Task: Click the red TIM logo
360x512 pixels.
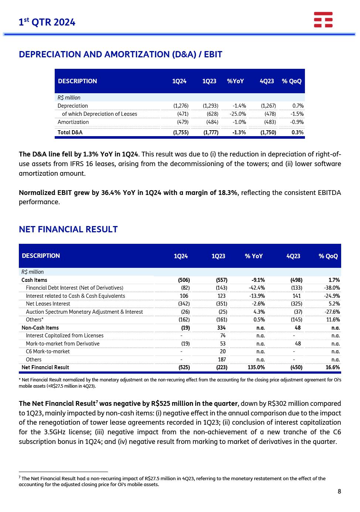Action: tap(323, 20)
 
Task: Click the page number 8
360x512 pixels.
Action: tap(339, 491)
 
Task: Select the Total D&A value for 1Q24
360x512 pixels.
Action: tap(181, 132)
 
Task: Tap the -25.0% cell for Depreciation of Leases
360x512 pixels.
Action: tap(238, 114)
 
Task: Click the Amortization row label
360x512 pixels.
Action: tap(73, 122)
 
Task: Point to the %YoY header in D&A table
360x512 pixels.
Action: tap(235, 81)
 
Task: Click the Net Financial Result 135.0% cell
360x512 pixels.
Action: tap(256, 367)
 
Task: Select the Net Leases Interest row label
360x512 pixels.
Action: tap(48, 304)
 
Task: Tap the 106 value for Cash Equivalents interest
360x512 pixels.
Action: tap(184, 296)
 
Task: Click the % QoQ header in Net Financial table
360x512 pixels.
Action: tap(328, 256)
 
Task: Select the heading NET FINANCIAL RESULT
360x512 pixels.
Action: tap(68, 229)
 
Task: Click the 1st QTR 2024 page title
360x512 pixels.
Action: tap(47, 23)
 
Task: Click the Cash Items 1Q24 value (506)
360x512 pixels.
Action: tap(184, 280)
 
